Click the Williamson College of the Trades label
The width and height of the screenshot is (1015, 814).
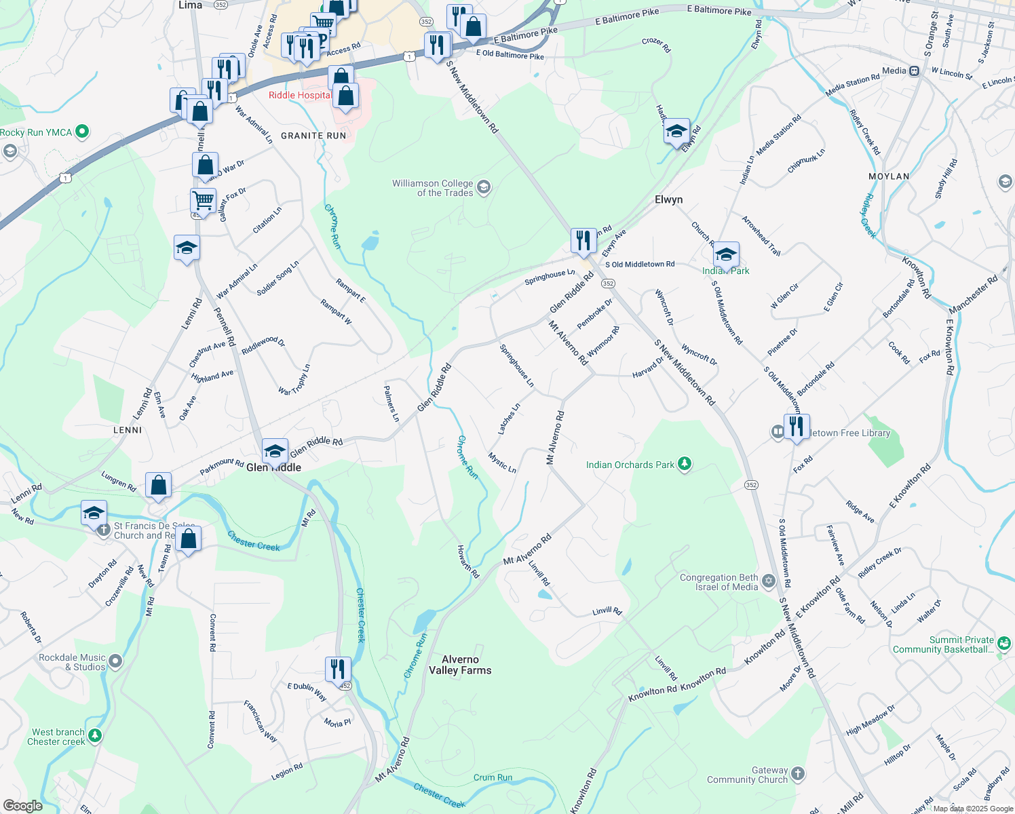(432, 188)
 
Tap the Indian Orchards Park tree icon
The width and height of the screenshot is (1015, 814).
(685, 464)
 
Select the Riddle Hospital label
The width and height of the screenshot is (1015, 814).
(300, 95)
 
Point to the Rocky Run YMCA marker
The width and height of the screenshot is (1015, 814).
(82, 132)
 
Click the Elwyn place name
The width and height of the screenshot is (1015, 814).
(668, 199)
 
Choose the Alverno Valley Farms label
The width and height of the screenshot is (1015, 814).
(460, 665)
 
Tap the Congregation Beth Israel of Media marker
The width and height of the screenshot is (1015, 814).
(768, 581)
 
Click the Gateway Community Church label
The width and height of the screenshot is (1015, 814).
(747, 775)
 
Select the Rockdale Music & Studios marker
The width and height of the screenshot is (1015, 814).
(115, 661)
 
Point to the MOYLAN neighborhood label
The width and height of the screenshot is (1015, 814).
(889, 176)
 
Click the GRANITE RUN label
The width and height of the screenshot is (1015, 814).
(313, 136)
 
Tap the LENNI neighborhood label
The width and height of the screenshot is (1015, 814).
(128, 430)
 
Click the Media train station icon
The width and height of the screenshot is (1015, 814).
(915, 71)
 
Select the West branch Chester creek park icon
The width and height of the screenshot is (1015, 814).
(95, 735)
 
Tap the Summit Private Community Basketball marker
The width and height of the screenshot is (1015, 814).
(1004, 642)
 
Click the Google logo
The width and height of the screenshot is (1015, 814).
(22, 806)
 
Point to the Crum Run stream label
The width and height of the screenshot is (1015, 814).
(493, 777)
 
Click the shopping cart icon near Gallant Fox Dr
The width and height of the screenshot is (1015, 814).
(203, 201)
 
